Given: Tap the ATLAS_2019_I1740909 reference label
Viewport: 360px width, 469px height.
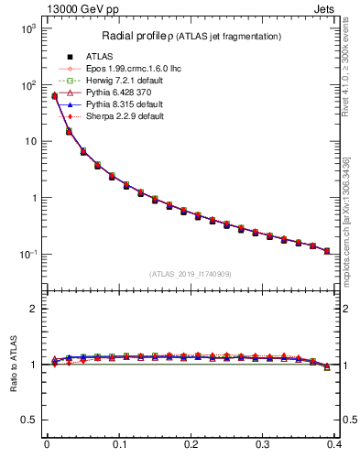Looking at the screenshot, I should tap(190, 274).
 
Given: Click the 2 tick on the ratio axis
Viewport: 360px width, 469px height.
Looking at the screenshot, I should tap(32, 309).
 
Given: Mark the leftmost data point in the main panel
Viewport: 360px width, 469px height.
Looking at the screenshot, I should tap(54, 96).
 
